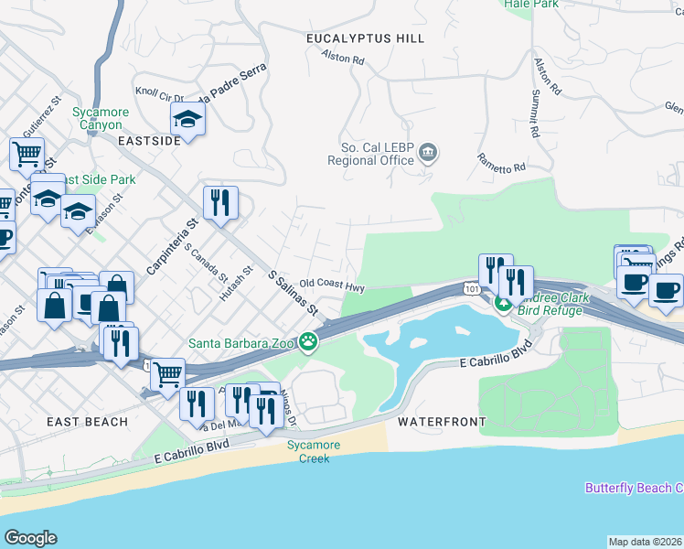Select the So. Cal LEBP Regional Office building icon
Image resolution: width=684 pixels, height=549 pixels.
point(428,153)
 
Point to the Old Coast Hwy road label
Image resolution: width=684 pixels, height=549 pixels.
point(332,286)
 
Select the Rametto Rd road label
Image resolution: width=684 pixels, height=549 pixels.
point(501,162)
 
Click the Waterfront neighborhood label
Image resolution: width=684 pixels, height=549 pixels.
point(440,422)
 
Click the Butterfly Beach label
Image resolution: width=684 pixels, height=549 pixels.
point(634,488)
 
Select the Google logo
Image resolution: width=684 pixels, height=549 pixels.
point(30,538)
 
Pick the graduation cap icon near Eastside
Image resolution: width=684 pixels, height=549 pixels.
point(188,119)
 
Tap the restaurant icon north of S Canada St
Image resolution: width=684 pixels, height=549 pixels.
point(220,203)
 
